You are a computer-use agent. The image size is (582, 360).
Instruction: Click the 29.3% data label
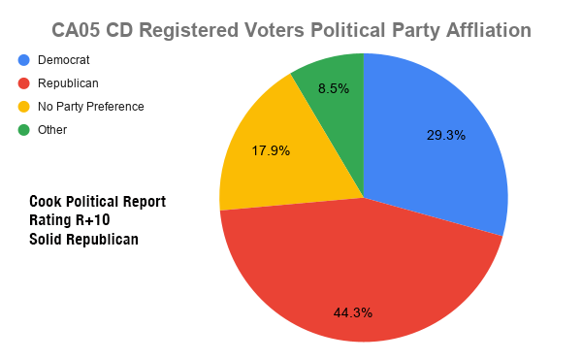446,135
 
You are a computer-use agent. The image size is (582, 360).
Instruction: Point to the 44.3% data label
353,312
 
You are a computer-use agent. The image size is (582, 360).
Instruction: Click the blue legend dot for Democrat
24,60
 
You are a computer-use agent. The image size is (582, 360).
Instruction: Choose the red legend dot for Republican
24,83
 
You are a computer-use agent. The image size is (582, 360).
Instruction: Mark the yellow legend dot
24,106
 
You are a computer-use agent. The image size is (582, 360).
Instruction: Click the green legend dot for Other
24,129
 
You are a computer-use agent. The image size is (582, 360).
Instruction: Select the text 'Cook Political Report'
97,202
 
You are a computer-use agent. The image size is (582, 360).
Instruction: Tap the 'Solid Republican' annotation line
83,239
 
